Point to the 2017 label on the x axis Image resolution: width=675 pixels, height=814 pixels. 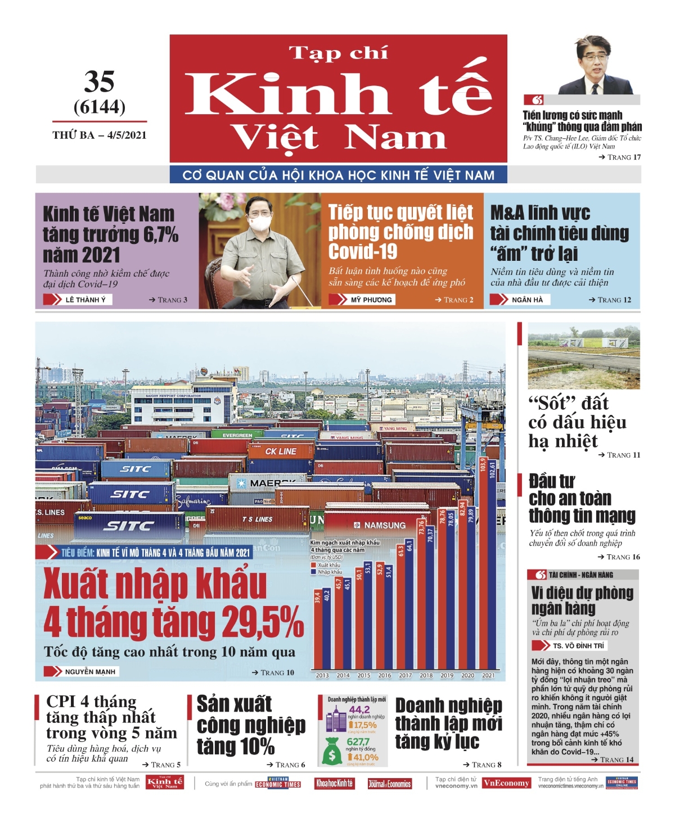[x=406, y=676]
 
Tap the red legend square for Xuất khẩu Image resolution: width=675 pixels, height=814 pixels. [x=313, y=565]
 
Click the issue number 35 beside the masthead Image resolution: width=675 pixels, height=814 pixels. [x=100, y=82]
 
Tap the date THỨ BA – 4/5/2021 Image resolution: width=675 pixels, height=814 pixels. [x=100, y=135]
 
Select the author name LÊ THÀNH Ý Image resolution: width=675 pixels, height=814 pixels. [x=85, y=300]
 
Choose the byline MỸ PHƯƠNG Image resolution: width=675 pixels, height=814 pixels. [x=371, y=300]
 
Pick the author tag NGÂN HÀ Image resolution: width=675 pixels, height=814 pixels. [x=527, y=300]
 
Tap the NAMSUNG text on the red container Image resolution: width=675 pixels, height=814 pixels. [x=384, y=525]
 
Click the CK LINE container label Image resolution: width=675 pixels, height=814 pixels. [x=281, y=451]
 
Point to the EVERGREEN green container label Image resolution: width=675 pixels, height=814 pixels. [x=237, y=435]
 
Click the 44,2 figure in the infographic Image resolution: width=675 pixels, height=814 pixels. [x=359, y=709]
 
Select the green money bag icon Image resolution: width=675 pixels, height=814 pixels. [x=332, y=751]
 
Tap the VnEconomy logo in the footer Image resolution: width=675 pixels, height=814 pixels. [x=506, y=783]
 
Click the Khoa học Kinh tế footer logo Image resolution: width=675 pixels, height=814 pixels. [x=334, y=783]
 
